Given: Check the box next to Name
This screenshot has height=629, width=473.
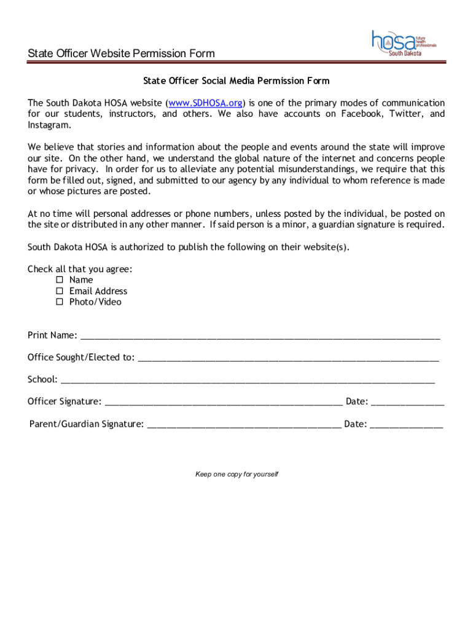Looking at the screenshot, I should [60, 280].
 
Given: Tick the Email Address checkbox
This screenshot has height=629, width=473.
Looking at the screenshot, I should [60, 291].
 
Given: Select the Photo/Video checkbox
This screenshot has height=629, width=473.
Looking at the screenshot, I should [60, 302].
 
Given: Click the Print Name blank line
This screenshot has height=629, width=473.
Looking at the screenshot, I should [260, 336].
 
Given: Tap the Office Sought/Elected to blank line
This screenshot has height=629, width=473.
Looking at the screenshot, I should [288, 358].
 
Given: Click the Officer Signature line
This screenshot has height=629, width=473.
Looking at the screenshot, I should [224, 402].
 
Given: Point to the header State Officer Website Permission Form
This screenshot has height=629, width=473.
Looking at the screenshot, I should [122, 53].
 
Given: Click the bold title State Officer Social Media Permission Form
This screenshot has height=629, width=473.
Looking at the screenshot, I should [237, 81].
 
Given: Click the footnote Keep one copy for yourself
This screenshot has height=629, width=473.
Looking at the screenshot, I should [237, 474].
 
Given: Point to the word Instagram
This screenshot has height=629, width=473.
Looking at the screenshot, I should [49, 125].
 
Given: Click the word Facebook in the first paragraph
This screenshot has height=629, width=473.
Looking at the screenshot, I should [362, 114].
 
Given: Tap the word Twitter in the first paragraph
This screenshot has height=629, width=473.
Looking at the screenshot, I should [405, 114].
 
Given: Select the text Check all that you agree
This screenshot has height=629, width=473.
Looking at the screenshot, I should [80, 269].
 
